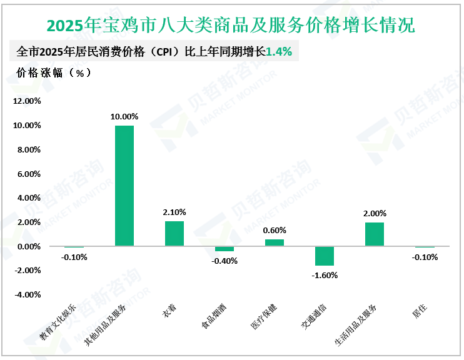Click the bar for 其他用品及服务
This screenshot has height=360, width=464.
click(124, 186)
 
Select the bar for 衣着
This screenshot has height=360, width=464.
click(174, 234)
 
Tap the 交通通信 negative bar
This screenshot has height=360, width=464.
click(324, 256)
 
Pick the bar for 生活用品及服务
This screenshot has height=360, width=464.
click(374, 234)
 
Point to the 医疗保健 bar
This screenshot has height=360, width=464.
click(274, 242)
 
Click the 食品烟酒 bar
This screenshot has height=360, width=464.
click(224, 249)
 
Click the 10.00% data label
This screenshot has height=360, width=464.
click(124, 116)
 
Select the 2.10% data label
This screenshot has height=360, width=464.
click(174, 212)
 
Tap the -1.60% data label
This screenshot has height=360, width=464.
click(324, 275)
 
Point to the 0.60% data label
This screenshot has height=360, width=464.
click(274, 230)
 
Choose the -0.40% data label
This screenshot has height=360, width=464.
click(224, 261)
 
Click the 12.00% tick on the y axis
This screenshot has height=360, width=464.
click(26, 101)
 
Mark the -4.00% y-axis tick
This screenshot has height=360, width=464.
click(26, 295)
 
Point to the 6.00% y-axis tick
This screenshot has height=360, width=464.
click(28, 174)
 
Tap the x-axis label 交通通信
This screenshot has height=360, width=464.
click(318, 317)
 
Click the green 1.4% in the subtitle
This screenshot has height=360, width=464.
click(279, 52)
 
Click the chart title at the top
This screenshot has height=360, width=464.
click(231, 26)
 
